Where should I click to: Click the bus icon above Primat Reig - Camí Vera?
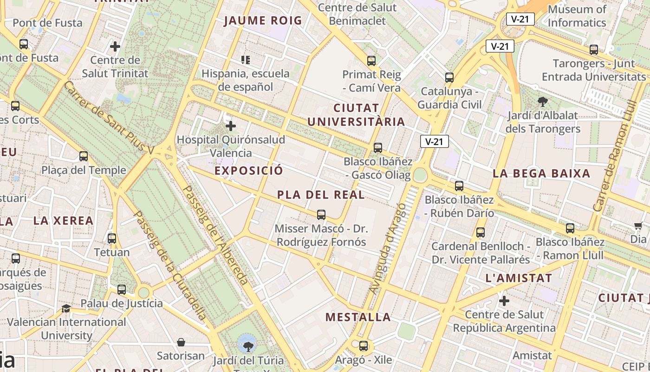371,60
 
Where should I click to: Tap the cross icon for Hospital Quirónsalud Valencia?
231,126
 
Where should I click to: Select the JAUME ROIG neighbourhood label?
263,20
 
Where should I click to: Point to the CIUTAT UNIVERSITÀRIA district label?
356,115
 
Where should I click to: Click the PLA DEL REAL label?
321,195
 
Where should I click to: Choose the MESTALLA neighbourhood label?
358,317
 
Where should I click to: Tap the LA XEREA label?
64,220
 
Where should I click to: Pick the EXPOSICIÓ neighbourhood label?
248,171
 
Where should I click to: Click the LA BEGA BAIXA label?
541,173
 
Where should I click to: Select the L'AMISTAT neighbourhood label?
518,279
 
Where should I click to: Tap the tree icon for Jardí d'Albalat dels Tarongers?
542,101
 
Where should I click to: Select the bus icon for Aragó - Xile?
364,346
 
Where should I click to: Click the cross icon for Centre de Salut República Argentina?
504,301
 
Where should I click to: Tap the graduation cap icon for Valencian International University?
66,308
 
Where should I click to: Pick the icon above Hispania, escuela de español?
246,60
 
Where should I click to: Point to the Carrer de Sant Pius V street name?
109,118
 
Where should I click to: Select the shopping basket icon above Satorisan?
181,342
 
